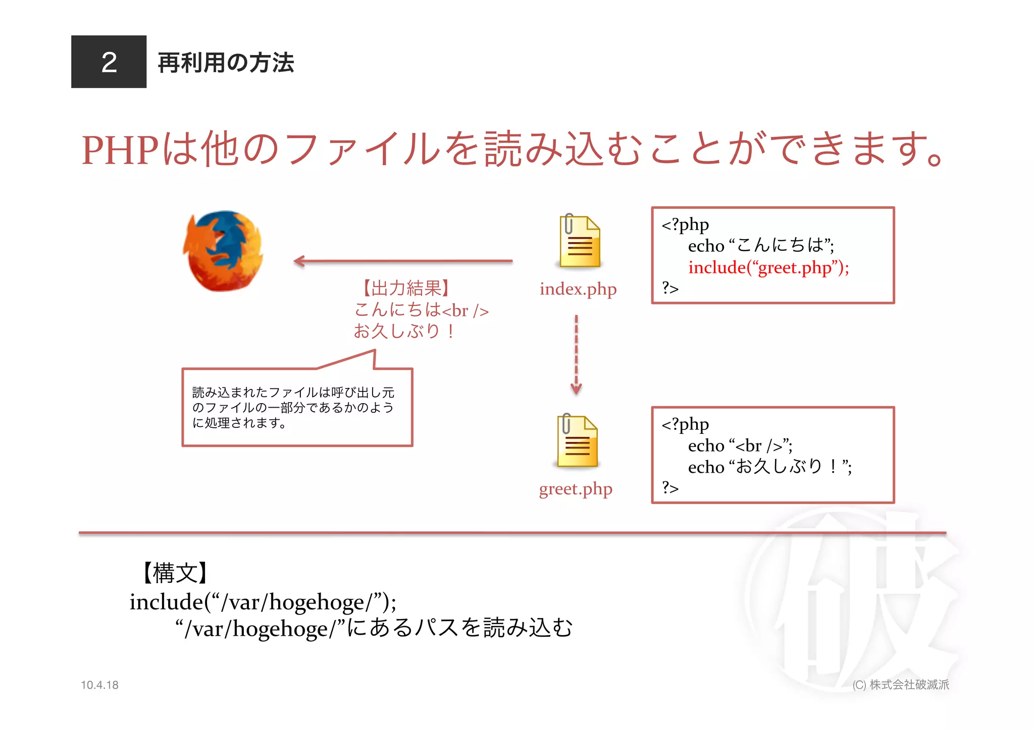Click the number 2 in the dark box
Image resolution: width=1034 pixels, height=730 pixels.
(109, 62)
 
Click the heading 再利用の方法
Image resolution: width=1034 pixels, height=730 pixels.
(226, 63)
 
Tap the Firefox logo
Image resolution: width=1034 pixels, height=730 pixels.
(223, 251)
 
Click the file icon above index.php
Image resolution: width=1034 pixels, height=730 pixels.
(579, 241)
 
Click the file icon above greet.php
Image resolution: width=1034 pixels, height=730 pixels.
(577, 441)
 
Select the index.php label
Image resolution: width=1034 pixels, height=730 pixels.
(578, 289)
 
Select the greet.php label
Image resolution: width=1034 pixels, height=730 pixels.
(576, 489)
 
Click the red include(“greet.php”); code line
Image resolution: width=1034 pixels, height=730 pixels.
(768, 267)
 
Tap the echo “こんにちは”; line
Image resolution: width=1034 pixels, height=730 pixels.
(761, 246)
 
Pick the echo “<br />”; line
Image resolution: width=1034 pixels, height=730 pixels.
(740, 445)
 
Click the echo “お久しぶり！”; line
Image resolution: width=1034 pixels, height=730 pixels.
(769, 467)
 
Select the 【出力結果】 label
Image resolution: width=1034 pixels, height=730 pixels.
(406, 288)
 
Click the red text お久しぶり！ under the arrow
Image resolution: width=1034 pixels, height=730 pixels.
(404, 331)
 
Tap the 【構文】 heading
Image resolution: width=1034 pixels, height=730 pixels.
(175, 573)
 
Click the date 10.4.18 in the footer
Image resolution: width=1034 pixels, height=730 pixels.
(99, 685)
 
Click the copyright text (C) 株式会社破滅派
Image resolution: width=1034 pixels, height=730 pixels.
(901, 685)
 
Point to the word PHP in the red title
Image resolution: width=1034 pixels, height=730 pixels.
(120, 150)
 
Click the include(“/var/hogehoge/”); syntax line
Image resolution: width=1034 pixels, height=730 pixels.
(263, 602)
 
